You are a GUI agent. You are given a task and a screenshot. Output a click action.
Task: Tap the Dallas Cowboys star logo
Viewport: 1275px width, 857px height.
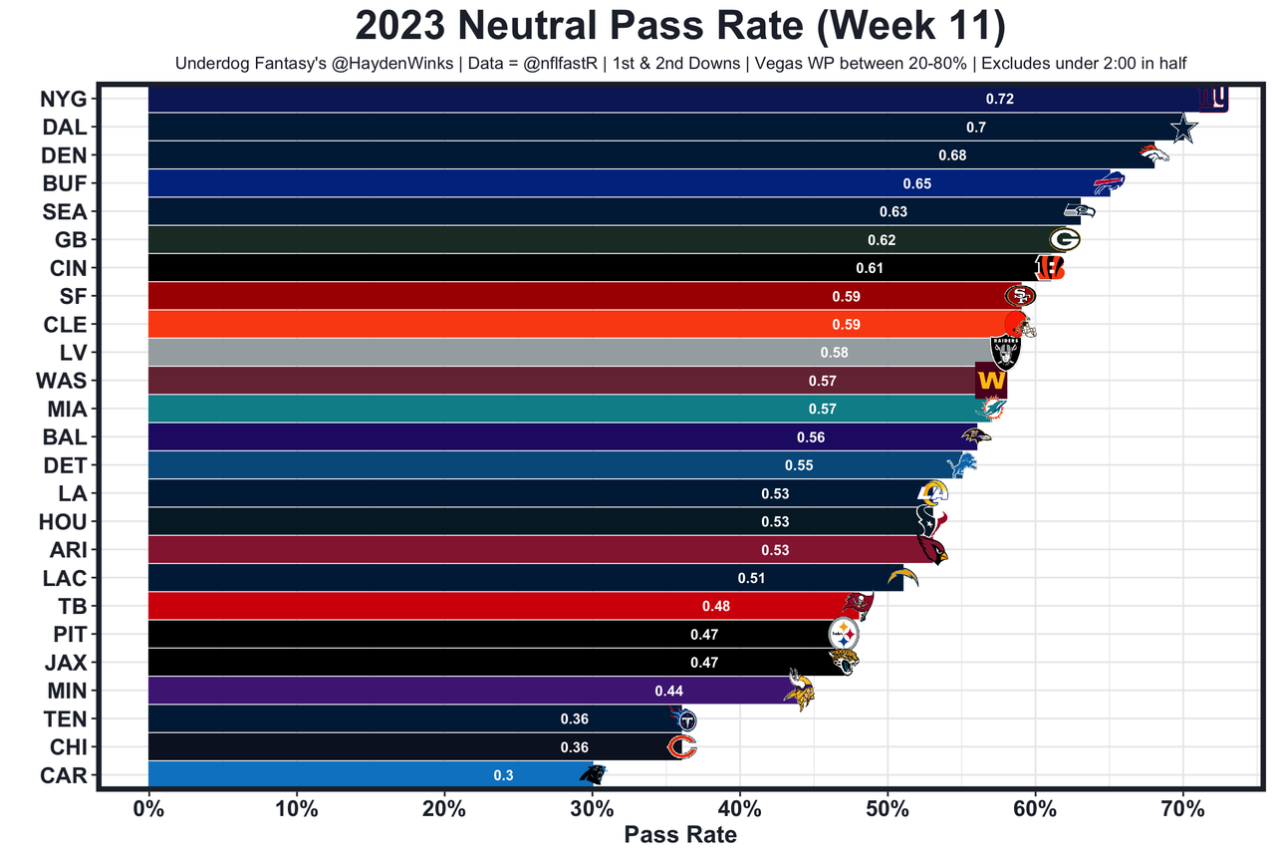1182,129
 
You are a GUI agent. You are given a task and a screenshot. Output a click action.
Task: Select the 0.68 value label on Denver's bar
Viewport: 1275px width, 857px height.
952,155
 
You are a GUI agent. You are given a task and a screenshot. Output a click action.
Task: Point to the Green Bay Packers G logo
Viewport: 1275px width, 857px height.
1065,239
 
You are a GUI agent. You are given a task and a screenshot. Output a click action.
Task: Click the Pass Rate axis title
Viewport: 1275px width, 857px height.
680,835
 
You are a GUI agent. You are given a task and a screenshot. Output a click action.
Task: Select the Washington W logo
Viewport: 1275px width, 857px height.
991,381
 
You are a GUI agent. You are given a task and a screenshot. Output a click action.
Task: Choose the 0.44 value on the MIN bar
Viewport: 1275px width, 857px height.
668,691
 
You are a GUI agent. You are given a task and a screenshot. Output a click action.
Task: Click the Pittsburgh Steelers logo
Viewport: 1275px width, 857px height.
844,634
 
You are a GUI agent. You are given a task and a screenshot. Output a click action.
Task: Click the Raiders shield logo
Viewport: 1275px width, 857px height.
1005,352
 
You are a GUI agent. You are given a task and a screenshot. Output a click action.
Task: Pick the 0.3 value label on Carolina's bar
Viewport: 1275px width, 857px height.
503,775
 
